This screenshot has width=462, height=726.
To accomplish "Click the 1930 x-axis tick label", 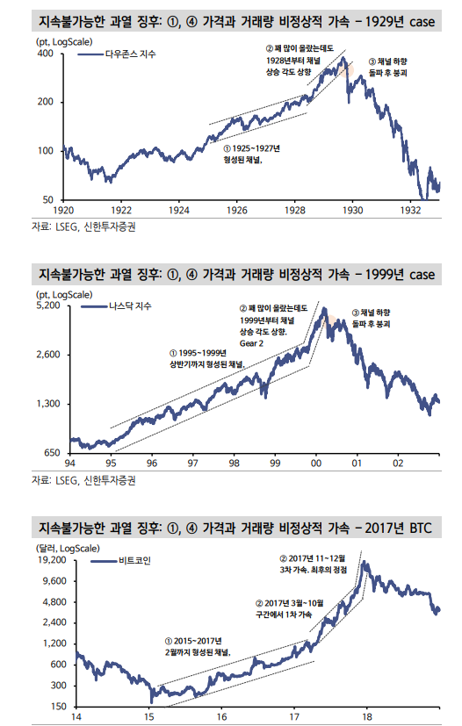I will click(x=352, y=211).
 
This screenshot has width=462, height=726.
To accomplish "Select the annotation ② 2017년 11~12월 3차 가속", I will click(x=313, y=564).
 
